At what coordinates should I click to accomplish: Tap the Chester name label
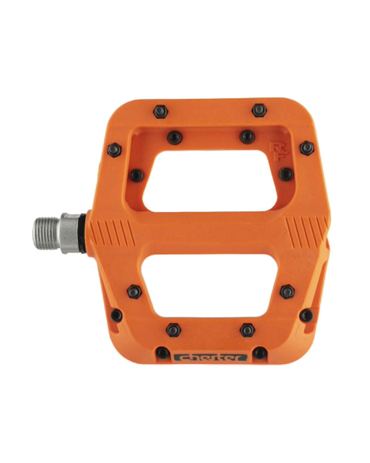[210, 357]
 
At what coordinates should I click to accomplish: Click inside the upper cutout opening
[210, 181]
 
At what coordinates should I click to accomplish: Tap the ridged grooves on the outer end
[306, 232]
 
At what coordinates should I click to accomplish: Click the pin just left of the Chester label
[162, 353]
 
